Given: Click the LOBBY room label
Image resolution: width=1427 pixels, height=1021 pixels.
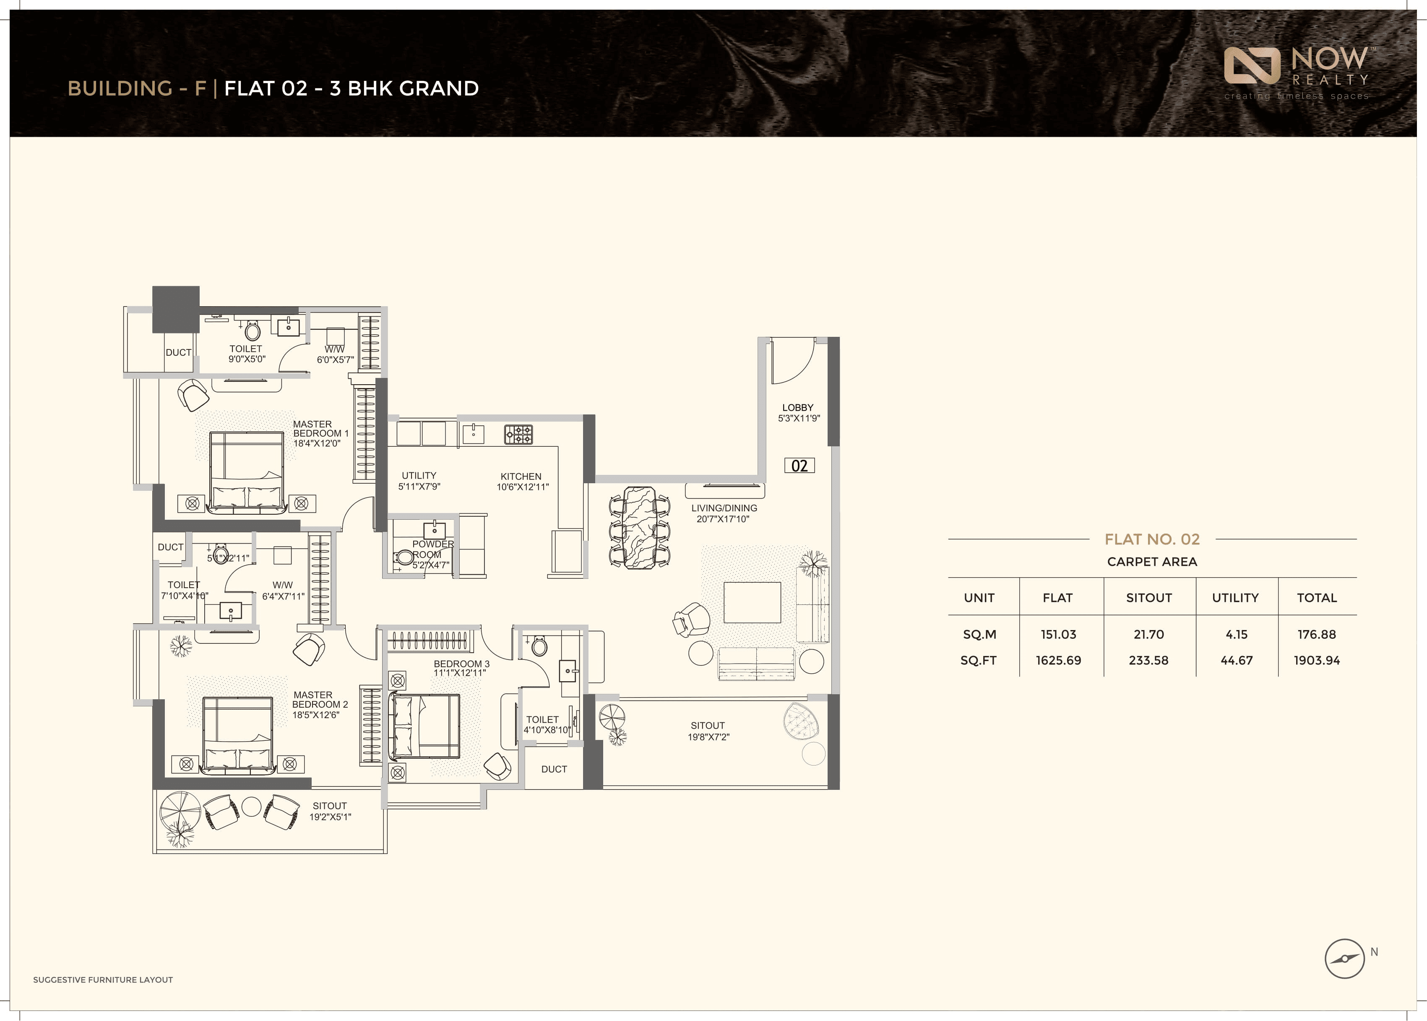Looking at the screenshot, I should pos(798,412).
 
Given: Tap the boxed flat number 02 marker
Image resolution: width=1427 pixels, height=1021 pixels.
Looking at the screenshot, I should pos(799,466).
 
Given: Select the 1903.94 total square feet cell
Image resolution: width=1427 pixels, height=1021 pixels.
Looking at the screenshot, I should pos(1316,660).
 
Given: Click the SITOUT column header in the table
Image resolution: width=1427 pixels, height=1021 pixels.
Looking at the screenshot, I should pos(1148,598).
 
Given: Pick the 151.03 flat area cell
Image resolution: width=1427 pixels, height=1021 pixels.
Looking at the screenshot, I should pos(1058,634).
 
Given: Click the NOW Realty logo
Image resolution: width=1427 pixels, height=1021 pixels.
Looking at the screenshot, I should pos(1296,72).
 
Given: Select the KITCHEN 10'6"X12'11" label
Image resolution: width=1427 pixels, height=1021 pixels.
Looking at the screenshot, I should pos(522,482).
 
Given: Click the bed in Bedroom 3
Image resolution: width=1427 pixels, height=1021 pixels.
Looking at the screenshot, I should pos(425,726).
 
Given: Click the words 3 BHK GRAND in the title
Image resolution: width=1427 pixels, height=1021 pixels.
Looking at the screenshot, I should pos(404,89).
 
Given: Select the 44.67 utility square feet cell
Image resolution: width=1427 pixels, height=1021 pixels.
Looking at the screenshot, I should pos(1236,660).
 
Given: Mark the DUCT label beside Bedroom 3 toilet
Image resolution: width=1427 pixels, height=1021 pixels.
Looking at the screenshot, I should pos(554,769).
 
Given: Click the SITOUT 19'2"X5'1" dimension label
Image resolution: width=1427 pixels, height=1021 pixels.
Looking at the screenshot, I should pos(330,811).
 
